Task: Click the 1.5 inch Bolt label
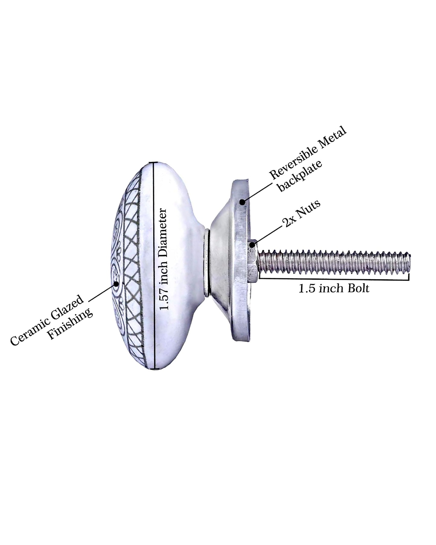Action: (x=334, y=289)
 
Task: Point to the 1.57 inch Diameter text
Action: (x=164, y=259)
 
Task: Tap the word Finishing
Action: (x=71, y=323)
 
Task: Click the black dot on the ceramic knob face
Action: (x=116, y=284)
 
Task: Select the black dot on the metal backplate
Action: (x=242, y=201)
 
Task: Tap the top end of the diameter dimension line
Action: (x=155, y=163)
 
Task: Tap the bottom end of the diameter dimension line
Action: (x=155, y=368)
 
